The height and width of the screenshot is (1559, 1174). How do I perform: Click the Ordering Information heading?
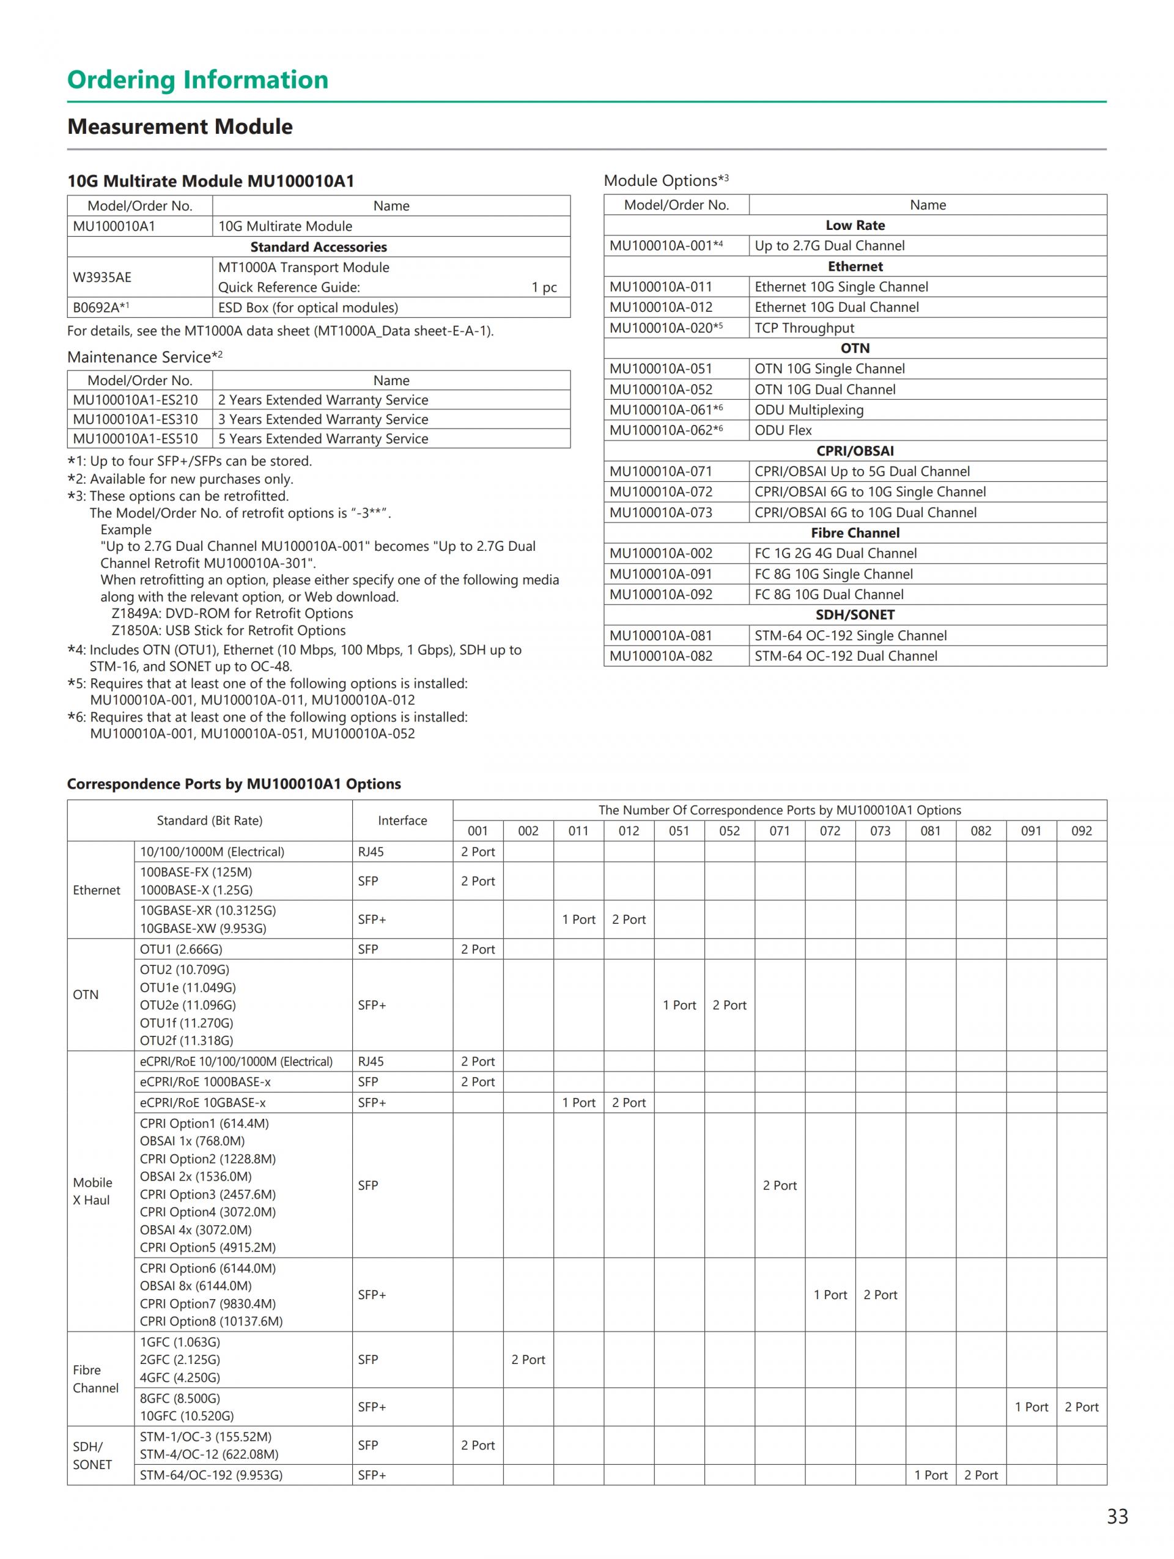point(198,79)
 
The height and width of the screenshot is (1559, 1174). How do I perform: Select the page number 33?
point(1117,1516)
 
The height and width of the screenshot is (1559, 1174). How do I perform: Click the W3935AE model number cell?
point(102,277)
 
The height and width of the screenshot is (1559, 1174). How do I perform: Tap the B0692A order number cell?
point(101,308)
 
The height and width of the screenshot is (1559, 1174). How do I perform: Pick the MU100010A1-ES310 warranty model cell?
point(135,419)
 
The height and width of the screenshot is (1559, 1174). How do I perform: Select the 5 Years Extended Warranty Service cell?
point(323,438)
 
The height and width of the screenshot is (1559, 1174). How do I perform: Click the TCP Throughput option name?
point(804,328)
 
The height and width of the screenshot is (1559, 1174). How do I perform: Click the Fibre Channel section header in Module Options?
point(855,533)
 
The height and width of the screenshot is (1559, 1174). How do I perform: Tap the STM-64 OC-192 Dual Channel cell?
point(846,656)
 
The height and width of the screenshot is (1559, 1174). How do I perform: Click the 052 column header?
point(729,831)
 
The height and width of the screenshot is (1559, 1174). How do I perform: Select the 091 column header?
point(1031,831)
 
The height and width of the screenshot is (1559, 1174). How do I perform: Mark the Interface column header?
point(402,820)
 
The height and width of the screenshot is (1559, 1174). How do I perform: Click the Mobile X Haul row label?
point(92,1191)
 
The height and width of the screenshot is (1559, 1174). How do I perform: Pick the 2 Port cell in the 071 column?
point(780,1185)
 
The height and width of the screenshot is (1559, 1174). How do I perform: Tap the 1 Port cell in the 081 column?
point(930,1475)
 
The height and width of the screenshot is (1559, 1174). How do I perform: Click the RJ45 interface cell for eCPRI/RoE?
point(371,1061)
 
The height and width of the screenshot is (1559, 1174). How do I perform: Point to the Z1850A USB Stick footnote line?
point(228,631)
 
